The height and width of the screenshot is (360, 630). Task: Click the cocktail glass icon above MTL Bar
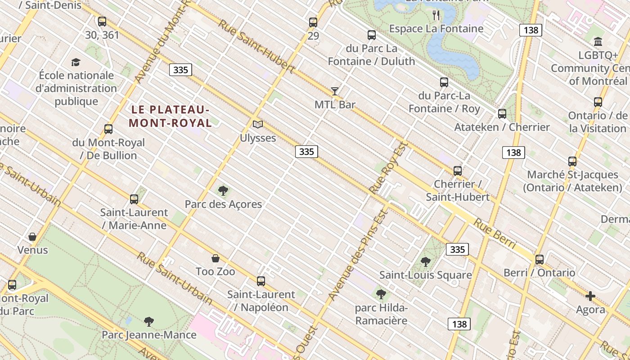[335, 91]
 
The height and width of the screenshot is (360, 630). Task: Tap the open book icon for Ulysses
[257, 124]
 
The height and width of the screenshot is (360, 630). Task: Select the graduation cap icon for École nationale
[76, 62]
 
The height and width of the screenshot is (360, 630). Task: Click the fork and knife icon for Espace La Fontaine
[436, 15]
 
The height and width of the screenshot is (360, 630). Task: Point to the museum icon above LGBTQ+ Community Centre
[598, 42]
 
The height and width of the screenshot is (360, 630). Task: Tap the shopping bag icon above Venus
[32, 236]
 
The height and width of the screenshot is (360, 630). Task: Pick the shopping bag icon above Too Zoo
[216, 258]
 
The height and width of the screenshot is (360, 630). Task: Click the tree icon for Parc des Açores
[223, 191]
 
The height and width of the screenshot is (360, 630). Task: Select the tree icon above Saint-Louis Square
[425, 261]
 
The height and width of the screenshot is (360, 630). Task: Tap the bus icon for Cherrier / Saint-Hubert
[458, 171]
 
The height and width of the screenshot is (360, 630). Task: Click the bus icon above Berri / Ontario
[540, 259]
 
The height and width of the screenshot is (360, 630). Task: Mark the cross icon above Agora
[590, 296]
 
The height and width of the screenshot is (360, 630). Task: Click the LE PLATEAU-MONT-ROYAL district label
[171, 116]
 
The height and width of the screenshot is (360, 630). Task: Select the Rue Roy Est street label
[388, 168]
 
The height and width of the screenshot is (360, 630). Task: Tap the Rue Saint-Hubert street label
[256, 46]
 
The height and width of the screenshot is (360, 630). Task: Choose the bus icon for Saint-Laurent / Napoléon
[261, 281]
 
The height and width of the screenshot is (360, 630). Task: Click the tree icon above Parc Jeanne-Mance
[149, 321]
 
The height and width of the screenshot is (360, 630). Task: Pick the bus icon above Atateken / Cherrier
[502, 114]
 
